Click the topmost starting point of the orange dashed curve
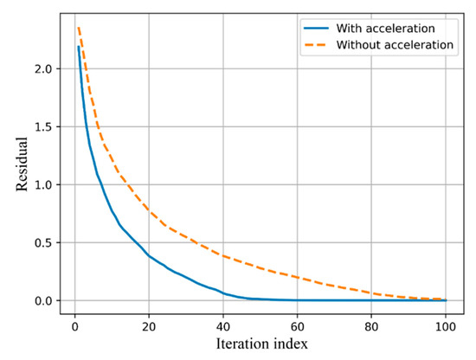(x=78, y=28)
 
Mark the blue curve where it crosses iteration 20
(x=149, y=255)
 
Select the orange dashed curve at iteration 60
(x=298, y=277)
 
